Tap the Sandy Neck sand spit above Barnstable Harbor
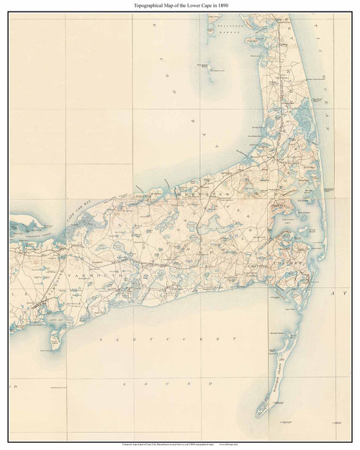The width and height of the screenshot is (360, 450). [x=29, y=220]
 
